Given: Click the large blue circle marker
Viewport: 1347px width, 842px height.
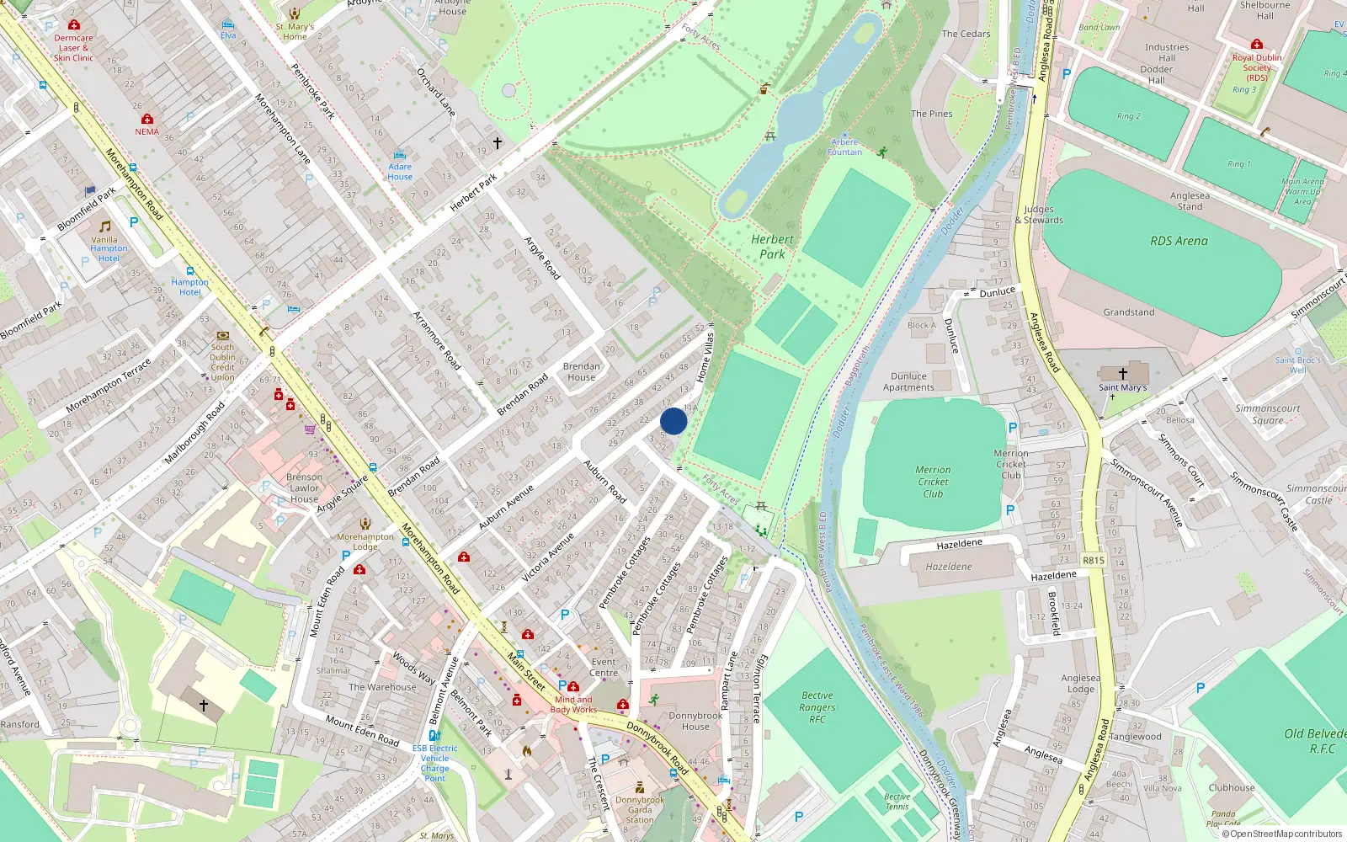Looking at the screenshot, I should pyautogui.click(x=673, y=421).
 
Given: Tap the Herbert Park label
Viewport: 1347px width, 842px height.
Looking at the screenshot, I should pyautogui.click(x=772, y=247).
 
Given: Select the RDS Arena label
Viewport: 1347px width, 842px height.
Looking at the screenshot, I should pyautogui.click(x=1179, y=241).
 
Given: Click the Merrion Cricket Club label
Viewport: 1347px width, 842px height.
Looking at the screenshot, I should pyautogui.click(x=933, y=482).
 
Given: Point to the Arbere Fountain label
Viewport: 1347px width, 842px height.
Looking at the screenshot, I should pyautogui.click(x=844, y=147).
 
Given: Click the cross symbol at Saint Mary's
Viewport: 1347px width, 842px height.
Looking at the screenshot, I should pyautogui.click(x=1122, y=373).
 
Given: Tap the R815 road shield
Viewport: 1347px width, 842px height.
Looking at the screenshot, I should pyautogui.click(x=1094, y=560).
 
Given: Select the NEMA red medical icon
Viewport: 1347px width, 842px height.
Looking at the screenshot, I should pyautogui.click(x=147, y=119).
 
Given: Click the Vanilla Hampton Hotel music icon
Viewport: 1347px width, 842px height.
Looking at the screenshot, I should pyautogui.click(x=105, y=226).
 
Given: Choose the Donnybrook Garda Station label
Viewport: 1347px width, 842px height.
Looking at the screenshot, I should pyautogui.click(x=640, y=810).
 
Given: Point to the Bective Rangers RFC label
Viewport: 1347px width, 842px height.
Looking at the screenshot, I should pyautogui.click(x=817, y=707).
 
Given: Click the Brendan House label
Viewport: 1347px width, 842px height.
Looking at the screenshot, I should pyautogui.click(x=582, y=371).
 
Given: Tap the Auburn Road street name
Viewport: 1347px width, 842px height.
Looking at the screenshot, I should pyautogui.click(x=604, y=482).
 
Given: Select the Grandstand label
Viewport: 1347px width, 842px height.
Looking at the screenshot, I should pyautogui.click(x=1129, y=312).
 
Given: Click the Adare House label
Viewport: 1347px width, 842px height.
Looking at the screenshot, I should pyautogui.click(x=400, y=172).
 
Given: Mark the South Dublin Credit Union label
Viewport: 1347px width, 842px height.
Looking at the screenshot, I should pyautogui.click(x=223, y=362).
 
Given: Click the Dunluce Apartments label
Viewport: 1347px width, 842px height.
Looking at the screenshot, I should pyautogui.click(x=908, y=382).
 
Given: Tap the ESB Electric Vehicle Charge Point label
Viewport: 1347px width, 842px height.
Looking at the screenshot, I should pyautogui.click(x=435, y=763).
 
